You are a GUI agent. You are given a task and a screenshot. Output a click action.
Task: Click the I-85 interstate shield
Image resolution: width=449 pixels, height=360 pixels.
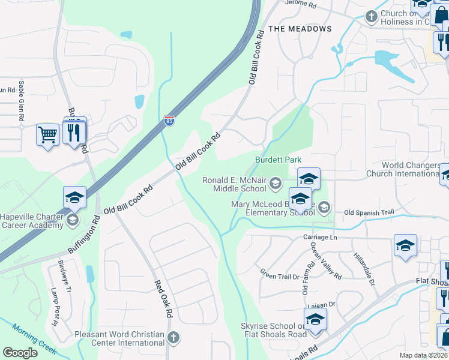(x=170, y=121)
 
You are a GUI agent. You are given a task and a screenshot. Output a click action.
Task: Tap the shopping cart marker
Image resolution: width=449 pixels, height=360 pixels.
(x=47, y=134)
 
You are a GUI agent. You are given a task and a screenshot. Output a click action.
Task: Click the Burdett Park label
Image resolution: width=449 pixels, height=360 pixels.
(x=278, y=160)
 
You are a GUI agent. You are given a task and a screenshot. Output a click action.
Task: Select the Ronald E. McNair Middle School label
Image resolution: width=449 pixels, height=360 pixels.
(x=234, y=184)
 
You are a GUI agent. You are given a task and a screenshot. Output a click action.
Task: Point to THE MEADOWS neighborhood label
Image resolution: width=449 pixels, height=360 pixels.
(x=300, y=29)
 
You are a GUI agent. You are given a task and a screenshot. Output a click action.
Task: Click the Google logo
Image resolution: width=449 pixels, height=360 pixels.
(x=20, y=353)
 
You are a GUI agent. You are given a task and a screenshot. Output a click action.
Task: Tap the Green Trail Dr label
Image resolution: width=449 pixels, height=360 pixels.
(x=279, y=276)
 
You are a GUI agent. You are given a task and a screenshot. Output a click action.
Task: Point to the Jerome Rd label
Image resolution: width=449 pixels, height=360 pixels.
(x=300, y=4)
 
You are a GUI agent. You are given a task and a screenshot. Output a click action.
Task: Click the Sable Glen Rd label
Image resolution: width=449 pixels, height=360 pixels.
(x=21, y=101)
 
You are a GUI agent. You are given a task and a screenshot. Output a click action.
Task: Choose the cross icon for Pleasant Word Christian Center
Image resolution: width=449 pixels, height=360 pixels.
(x=173, y=337)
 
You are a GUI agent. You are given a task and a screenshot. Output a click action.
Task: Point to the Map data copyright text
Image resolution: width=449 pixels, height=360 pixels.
(x=423, y=355)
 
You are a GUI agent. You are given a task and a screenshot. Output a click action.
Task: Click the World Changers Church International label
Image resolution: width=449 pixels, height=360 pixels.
(x=411, y=169)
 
